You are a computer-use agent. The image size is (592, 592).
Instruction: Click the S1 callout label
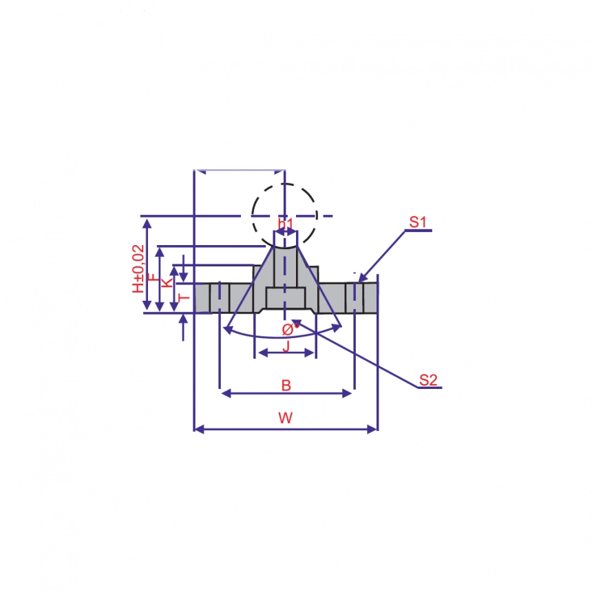pos(419,222)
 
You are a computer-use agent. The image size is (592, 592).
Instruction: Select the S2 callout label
pos(428,379)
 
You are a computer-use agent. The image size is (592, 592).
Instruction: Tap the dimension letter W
pos(286,417)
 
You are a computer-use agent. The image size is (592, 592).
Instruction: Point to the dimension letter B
pos(286,385)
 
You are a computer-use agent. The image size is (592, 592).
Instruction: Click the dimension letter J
pos(286,346)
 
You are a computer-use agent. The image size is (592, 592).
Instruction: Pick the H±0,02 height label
pos(139,268)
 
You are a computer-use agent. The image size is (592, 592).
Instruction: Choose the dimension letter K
pos(167,283)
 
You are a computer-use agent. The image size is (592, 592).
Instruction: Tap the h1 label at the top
pos(286,224)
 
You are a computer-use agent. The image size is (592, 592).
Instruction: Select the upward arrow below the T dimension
pos(183,319)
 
